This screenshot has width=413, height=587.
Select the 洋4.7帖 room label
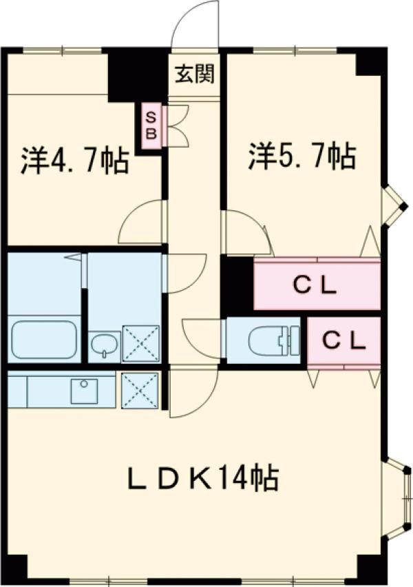tap(74, 161)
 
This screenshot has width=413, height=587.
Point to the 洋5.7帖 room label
tap(302, 157)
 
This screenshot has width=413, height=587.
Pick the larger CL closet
tap(317, 285)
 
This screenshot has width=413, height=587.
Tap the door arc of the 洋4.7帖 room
tap(142, 222)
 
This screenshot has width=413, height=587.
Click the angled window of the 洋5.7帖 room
tap(393, 205)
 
